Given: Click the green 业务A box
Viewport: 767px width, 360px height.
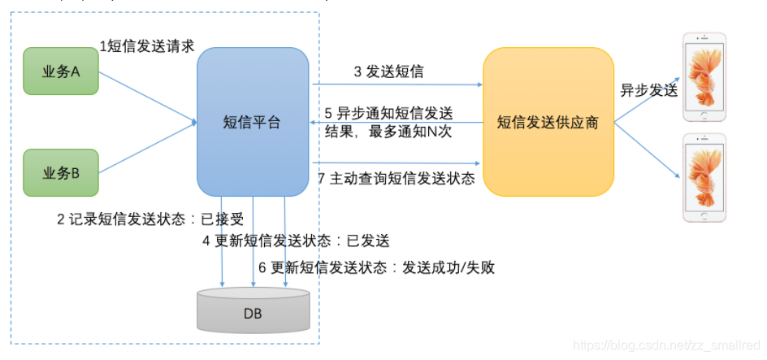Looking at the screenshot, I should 61,72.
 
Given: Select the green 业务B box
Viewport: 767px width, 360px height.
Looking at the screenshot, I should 61,172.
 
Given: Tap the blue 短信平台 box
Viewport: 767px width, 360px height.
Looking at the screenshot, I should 253,122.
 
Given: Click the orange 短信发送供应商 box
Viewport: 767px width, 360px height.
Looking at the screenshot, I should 548,122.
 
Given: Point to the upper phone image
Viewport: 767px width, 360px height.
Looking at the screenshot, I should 704,74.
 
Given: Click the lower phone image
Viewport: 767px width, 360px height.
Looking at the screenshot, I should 704,177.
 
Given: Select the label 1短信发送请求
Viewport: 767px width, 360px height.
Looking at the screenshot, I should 146,46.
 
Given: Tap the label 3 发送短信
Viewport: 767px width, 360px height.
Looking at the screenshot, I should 388,72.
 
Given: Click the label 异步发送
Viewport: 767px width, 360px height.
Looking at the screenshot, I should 648,91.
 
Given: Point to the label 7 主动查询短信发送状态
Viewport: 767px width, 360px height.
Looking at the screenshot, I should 396,179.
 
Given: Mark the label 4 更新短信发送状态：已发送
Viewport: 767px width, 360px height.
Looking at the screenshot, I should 297,241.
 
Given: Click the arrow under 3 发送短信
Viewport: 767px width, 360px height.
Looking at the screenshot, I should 396,84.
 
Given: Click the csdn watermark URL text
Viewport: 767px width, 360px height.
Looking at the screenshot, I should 666,345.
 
